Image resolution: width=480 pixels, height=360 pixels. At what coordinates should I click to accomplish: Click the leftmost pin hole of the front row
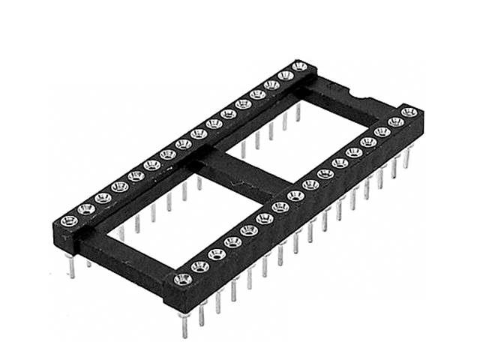181,280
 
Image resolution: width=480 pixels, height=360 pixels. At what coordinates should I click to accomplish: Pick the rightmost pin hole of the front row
408,112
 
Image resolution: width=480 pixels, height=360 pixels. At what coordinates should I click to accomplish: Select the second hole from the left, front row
199,266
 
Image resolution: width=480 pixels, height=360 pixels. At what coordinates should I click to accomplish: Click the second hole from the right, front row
395,121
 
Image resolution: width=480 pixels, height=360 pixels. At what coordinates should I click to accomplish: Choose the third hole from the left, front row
216,253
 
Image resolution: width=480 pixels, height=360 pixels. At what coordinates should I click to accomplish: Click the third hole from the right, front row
381,132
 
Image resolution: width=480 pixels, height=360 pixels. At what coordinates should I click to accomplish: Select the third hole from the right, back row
271,85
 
